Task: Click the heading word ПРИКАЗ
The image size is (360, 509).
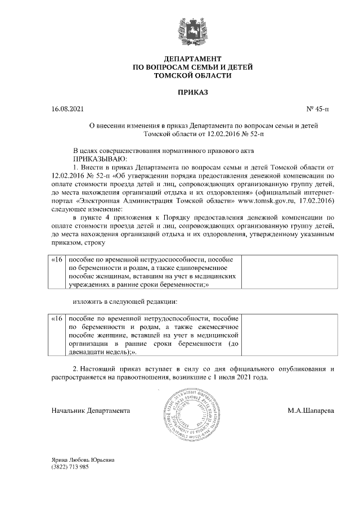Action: (192, 91)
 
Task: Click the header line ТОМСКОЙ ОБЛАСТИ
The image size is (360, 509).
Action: (192, 75)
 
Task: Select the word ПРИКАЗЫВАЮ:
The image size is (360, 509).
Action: (98, 159)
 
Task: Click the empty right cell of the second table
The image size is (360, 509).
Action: (290, 335)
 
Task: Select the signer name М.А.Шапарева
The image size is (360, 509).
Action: (310, 411)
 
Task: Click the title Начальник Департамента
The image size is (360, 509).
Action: (91, 411)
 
